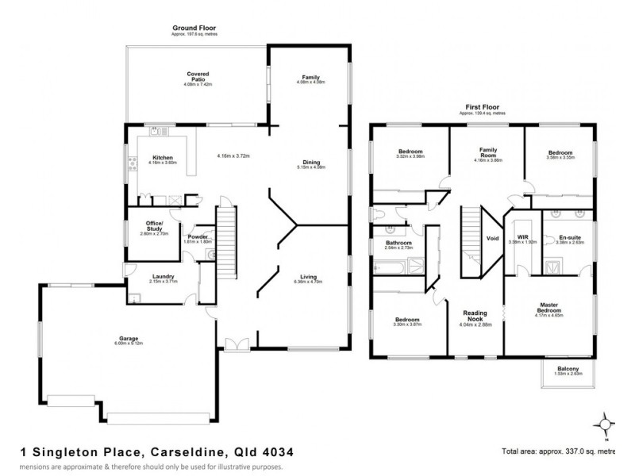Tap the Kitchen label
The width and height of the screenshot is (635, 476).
[163, 158]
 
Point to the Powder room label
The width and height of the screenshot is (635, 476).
[197, 237]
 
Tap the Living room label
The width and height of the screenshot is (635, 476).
[305, 276]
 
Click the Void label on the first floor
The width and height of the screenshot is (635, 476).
[492, 237]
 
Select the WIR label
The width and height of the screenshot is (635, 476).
[523, 237]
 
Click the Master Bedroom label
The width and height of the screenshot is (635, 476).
[548, 307]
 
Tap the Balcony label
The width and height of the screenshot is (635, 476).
[568, 369]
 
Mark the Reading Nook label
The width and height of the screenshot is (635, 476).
[476, 316]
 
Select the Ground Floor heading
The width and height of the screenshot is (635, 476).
[194, 28]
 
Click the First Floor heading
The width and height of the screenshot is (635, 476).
[486, 106]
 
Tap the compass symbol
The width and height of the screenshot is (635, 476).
[607, 423]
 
